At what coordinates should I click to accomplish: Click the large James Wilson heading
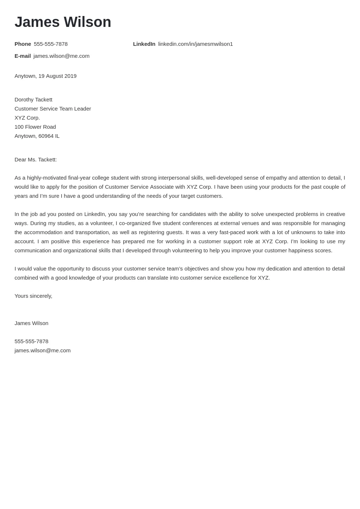pos(63,22)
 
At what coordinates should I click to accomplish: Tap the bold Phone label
pos(23,44)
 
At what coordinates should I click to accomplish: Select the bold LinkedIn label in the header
pos(144,44)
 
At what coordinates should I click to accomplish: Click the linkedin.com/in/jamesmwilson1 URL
pos(195,44)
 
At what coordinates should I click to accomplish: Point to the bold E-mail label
pos(23,56)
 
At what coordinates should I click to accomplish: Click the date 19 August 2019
pos(57,76)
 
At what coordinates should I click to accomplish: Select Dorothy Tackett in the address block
pos(33,100)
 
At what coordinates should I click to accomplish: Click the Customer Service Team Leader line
pos(53,109)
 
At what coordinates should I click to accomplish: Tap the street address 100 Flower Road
pos(35,127)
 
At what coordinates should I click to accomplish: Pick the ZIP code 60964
pos(46,136)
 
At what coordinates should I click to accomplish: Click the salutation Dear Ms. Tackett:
pos(36,160)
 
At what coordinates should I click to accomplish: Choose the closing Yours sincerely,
pos(33,296)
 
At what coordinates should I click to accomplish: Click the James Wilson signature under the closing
pos(31,323)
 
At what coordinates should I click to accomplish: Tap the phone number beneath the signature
pos(31,341)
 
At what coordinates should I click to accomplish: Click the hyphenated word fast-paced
pos(232,232)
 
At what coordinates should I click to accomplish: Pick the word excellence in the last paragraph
pos(235,278)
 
